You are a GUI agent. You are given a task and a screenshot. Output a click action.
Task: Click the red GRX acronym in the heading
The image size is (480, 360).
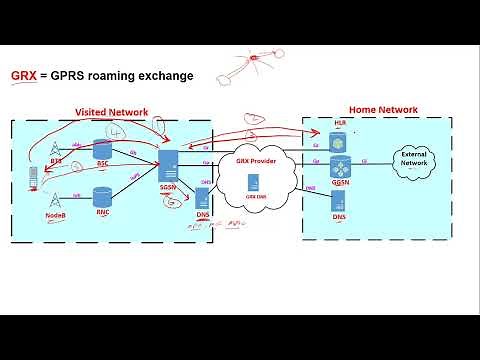[x=23, y=76]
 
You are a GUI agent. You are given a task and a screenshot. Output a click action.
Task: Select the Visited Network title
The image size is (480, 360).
[x=112, y=113]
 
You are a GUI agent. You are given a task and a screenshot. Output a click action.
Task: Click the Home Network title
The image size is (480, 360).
[x=382, y=108]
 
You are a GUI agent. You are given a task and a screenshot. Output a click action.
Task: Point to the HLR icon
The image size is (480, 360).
[x=338, y=138]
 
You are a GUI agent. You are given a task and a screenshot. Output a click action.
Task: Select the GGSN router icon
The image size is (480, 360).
[x=340, y=167]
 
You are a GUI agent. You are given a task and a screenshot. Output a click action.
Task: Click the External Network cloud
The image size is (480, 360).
[x=413, y=160]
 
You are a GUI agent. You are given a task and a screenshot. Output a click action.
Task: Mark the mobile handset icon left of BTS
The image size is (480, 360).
[x=34, y=177]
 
